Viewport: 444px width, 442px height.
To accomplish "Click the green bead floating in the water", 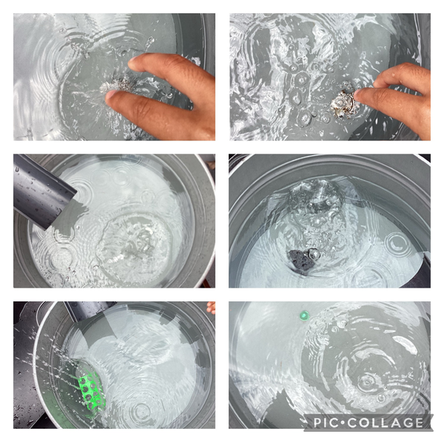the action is pyautogui.click(x=304, y=315).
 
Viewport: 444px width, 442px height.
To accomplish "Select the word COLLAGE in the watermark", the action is pyautogui.click(x=385, y=423).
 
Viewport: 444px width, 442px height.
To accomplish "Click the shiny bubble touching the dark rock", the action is pyautogui.click(x=314, y=253).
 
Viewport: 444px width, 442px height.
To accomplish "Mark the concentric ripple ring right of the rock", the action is pyautogui.click(x=399, y=244).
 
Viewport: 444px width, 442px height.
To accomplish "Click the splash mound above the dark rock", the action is pyautogui.click(x=316, y=195).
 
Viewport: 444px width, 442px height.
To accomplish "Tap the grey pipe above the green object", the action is pyautogui.click(x=90, y=310).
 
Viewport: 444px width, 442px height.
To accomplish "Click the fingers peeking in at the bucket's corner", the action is pyautogui.click(x=211, y=307).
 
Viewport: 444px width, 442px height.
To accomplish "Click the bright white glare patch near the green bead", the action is pyautogui.click(x=407, y=344).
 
